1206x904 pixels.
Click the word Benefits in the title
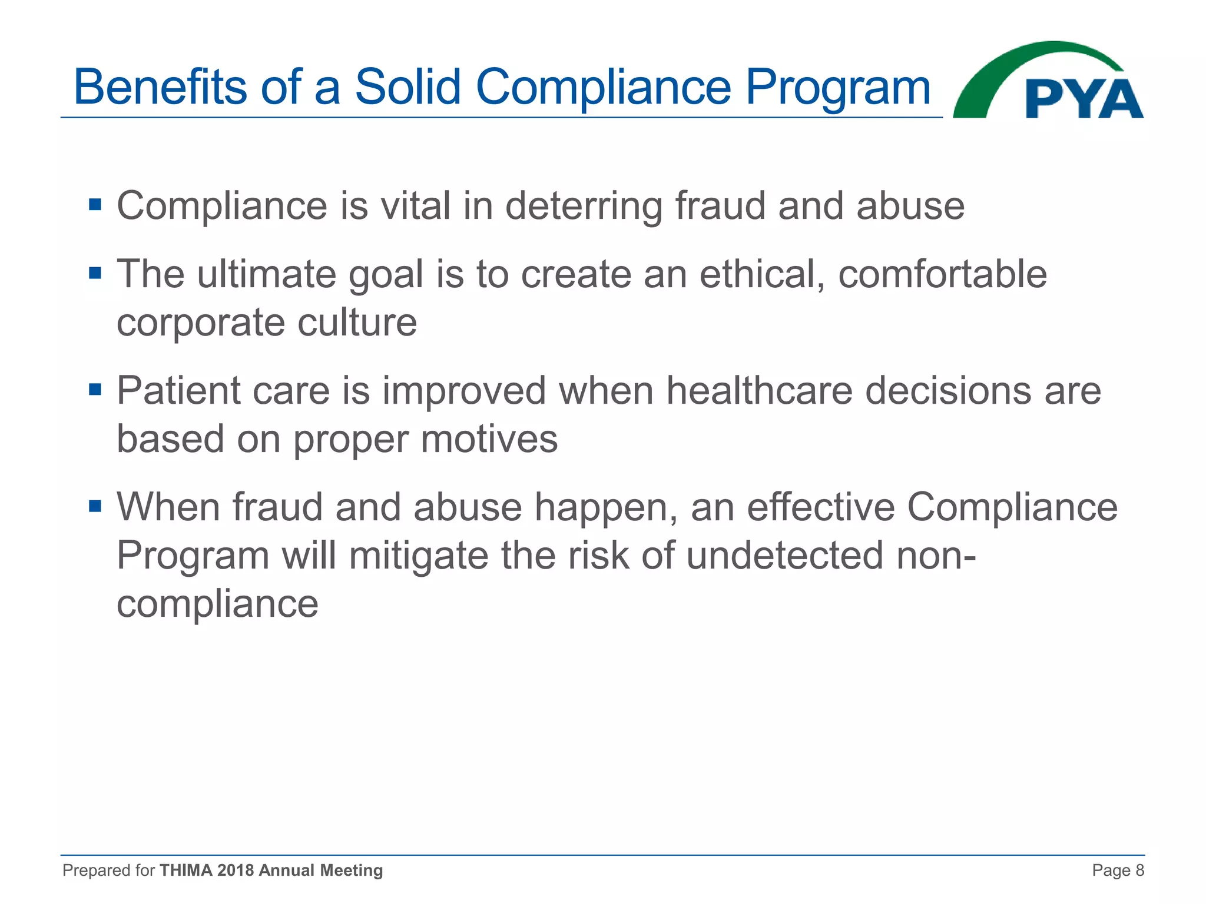point(158,87)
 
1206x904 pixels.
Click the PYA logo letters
point(1084,99)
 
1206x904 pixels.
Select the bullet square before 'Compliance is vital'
point(95,205)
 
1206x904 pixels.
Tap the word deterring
point(583,207)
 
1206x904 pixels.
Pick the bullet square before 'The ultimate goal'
point(95,274)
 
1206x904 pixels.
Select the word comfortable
point(942,274)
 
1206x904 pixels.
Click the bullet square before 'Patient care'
point(95,390)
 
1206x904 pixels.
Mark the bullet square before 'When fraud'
point(95,506)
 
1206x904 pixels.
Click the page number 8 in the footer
point(1139,870)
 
